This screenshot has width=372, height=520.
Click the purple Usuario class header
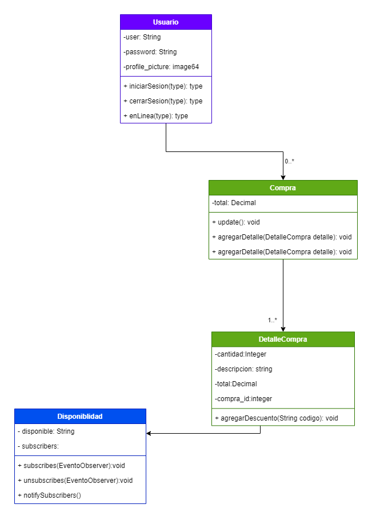coord(166,22)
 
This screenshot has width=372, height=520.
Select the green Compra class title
coord(283,188)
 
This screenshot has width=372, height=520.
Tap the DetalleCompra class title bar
coord(283,339)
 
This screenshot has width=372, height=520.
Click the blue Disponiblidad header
coord(80,417)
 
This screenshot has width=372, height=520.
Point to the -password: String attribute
coord(150,52)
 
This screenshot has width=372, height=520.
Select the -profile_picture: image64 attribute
coord(161,67)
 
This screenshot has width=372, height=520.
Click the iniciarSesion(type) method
coord(163,86)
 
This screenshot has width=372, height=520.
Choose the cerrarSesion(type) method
coord(163,101)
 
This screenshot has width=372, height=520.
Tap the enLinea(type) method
coord(155,116)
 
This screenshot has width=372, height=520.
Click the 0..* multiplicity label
coord(290,161)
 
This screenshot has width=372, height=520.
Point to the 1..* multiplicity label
coord(273,320)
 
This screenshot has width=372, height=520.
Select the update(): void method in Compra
coord(236,222)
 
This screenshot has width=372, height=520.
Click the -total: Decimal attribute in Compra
coord(234,203)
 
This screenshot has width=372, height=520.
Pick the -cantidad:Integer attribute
coord(241,354)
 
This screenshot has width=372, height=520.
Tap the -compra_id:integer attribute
coord(243,399)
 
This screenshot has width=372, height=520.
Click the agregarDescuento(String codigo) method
coord(277,418)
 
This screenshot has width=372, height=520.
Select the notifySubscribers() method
coord(49,495)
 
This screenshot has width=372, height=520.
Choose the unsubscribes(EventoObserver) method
coord(75,481)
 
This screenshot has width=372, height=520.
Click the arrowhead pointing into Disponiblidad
coord(149,433)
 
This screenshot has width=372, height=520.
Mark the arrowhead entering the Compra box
coord(283,177)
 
